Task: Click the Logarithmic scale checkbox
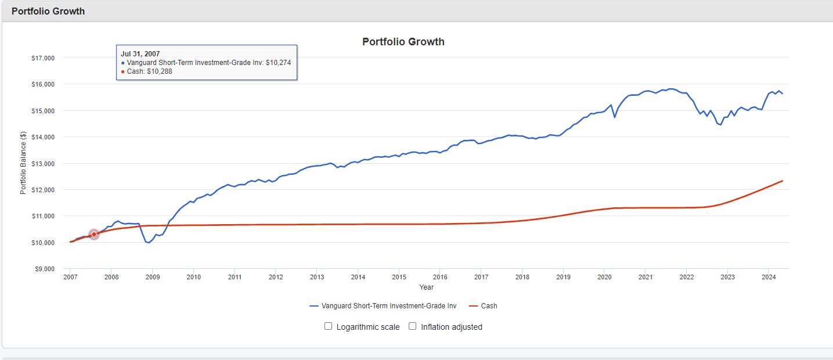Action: click(329, 326)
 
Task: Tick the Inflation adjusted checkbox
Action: click(413, 326)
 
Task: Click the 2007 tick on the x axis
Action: click(70, 278)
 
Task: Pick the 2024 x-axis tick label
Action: click(769, 278)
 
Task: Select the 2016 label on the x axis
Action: click(440, 278)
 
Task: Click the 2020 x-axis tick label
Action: click(604, 278)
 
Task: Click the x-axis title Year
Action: click(426, 287)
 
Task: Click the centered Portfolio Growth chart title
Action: click(403, 42)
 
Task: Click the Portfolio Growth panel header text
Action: click(48, 11)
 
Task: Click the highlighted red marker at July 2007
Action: click(94, 235)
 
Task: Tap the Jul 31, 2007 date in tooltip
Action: click(140, 54)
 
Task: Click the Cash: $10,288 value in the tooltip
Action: click(149, 71)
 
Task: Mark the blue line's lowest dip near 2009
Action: click(149, 243)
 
